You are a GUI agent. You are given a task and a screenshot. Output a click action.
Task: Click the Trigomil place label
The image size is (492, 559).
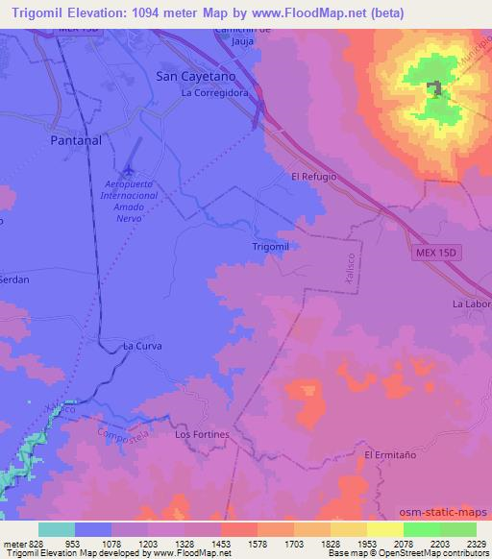coord(270,246)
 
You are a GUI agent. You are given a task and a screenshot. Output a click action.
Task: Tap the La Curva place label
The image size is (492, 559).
coord(142,345)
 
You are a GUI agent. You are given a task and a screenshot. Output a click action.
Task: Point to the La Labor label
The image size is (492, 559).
coord(472,304)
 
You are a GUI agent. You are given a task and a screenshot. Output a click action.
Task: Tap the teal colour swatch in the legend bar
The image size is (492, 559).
coord(57,529)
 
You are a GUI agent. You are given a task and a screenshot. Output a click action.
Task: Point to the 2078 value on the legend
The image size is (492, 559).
coord(404,543)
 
